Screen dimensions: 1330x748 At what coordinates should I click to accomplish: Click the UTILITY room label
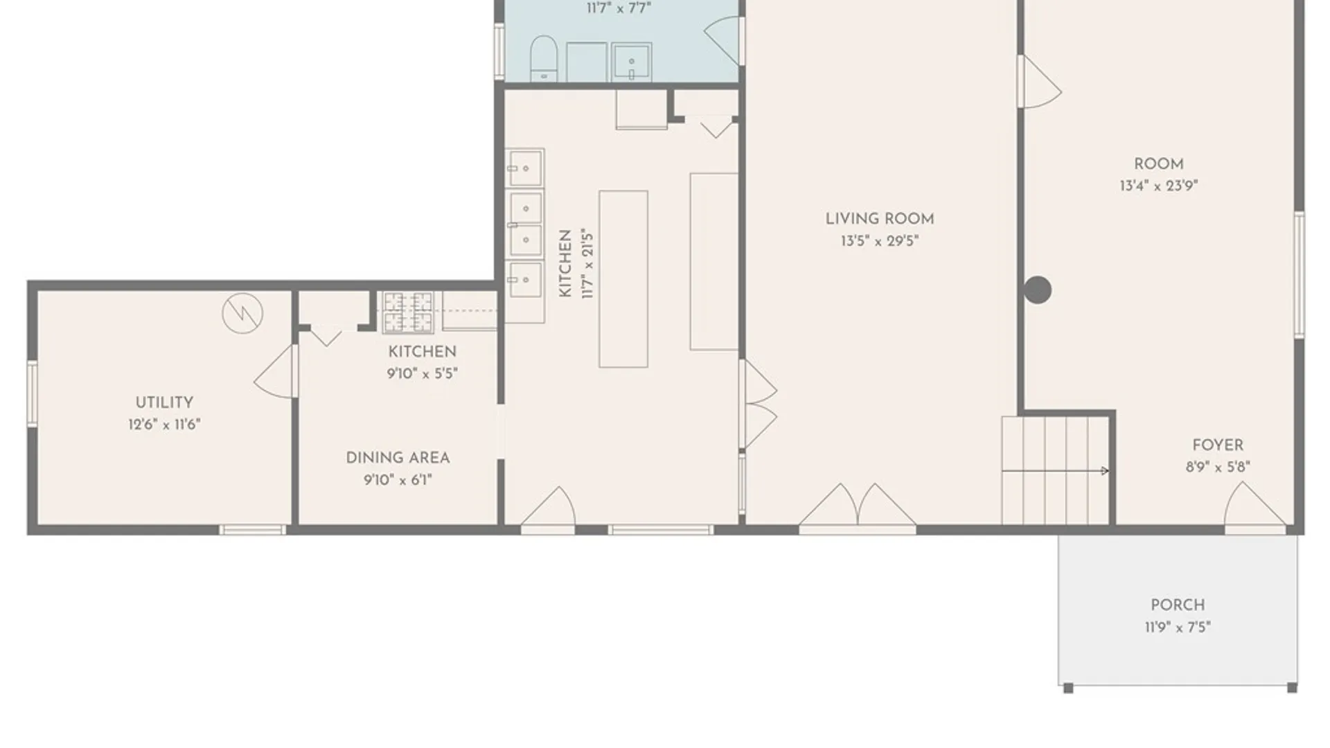coord(164,402)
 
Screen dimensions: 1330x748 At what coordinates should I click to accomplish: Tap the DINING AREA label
coord(398,458)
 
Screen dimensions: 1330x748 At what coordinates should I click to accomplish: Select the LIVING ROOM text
coord(880,219)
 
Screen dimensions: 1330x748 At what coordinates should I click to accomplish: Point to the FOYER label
coord(1218,445)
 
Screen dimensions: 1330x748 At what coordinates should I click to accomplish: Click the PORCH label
coord(1178,605)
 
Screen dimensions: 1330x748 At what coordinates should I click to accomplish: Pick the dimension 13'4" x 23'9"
coord(1159,186)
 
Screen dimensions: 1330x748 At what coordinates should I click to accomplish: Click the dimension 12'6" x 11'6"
coord(164,425)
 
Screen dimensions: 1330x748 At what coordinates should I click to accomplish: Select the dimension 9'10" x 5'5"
coord(423,374)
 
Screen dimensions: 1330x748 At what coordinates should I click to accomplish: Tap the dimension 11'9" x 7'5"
coord(1178,627)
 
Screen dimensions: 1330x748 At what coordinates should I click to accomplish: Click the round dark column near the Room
coord(1038,290)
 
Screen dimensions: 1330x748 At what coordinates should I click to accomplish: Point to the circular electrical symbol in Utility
coord(242,313)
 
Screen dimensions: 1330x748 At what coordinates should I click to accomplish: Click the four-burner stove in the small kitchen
coord(409,312)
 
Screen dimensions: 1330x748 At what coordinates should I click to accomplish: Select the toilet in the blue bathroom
coord(544,58)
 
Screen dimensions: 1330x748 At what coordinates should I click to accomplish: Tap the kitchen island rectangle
coord(623,279)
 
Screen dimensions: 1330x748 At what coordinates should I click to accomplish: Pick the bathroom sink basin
coord(631,62)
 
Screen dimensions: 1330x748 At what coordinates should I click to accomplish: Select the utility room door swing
coord(275,372)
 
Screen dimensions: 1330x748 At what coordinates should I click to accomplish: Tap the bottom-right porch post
coord(1292,688)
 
